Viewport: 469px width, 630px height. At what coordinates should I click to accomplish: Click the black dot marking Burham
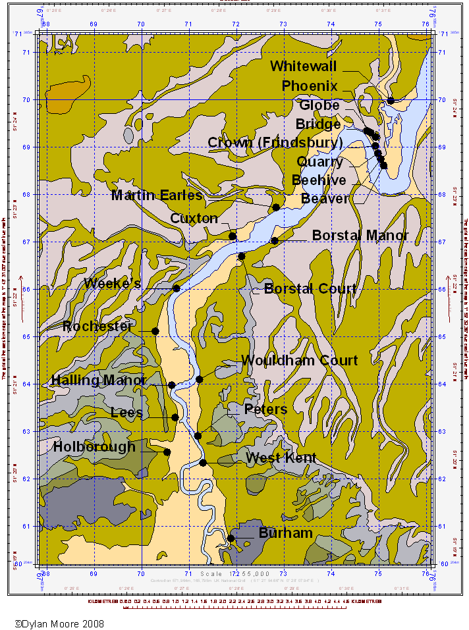(231, 538)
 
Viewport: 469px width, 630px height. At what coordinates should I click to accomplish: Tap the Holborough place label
(94, 446)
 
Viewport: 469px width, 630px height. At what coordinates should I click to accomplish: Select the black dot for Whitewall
(391, 101)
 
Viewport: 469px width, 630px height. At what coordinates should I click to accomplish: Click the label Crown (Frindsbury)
(275, 143)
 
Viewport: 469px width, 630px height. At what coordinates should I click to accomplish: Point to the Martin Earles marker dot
(276, 208)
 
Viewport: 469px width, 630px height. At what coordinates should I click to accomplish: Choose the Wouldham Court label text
(299, 360)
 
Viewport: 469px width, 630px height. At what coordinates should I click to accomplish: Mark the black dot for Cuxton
(233, 236)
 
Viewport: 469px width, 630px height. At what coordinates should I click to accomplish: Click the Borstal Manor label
(360, 235)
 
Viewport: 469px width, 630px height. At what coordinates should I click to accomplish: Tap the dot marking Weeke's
(176, 288)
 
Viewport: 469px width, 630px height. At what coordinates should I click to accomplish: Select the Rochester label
(97, 327)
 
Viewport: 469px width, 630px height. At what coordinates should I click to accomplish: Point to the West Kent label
(281, 458)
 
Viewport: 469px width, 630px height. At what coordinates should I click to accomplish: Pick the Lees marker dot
(175, 417)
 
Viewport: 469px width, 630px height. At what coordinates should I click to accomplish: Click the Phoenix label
(310, 86)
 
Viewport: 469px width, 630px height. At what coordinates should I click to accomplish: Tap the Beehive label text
(319, 180)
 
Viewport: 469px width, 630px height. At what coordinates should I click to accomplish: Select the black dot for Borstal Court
(242, 257)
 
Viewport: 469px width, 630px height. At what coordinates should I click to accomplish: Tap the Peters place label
(265, 409)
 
